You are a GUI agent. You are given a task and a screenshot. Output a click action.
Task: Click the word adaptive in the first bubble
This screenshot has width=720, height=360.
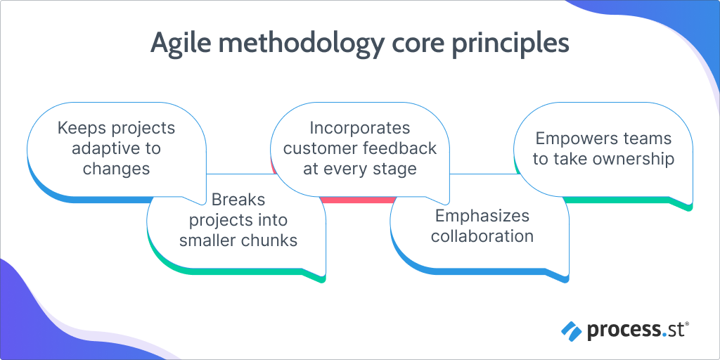(103, 148)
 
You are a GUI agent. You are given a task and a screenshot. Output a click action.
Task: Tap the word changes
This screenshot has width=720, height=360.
(116, 169)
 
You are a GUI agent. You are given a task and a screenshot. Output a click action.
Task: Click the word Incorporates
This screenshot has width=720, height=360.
(359, 128)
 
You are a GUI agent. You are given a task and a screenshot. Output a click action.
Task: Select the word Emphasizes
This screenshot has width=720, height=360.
(482, 215)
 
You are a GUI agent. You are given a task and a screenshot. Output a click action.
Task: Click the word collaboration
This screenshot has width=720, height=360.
(482, 236)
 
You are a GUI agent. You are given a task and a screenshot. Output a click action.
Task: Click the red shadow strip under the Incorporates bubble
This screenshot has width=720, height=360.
(359, 199)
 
